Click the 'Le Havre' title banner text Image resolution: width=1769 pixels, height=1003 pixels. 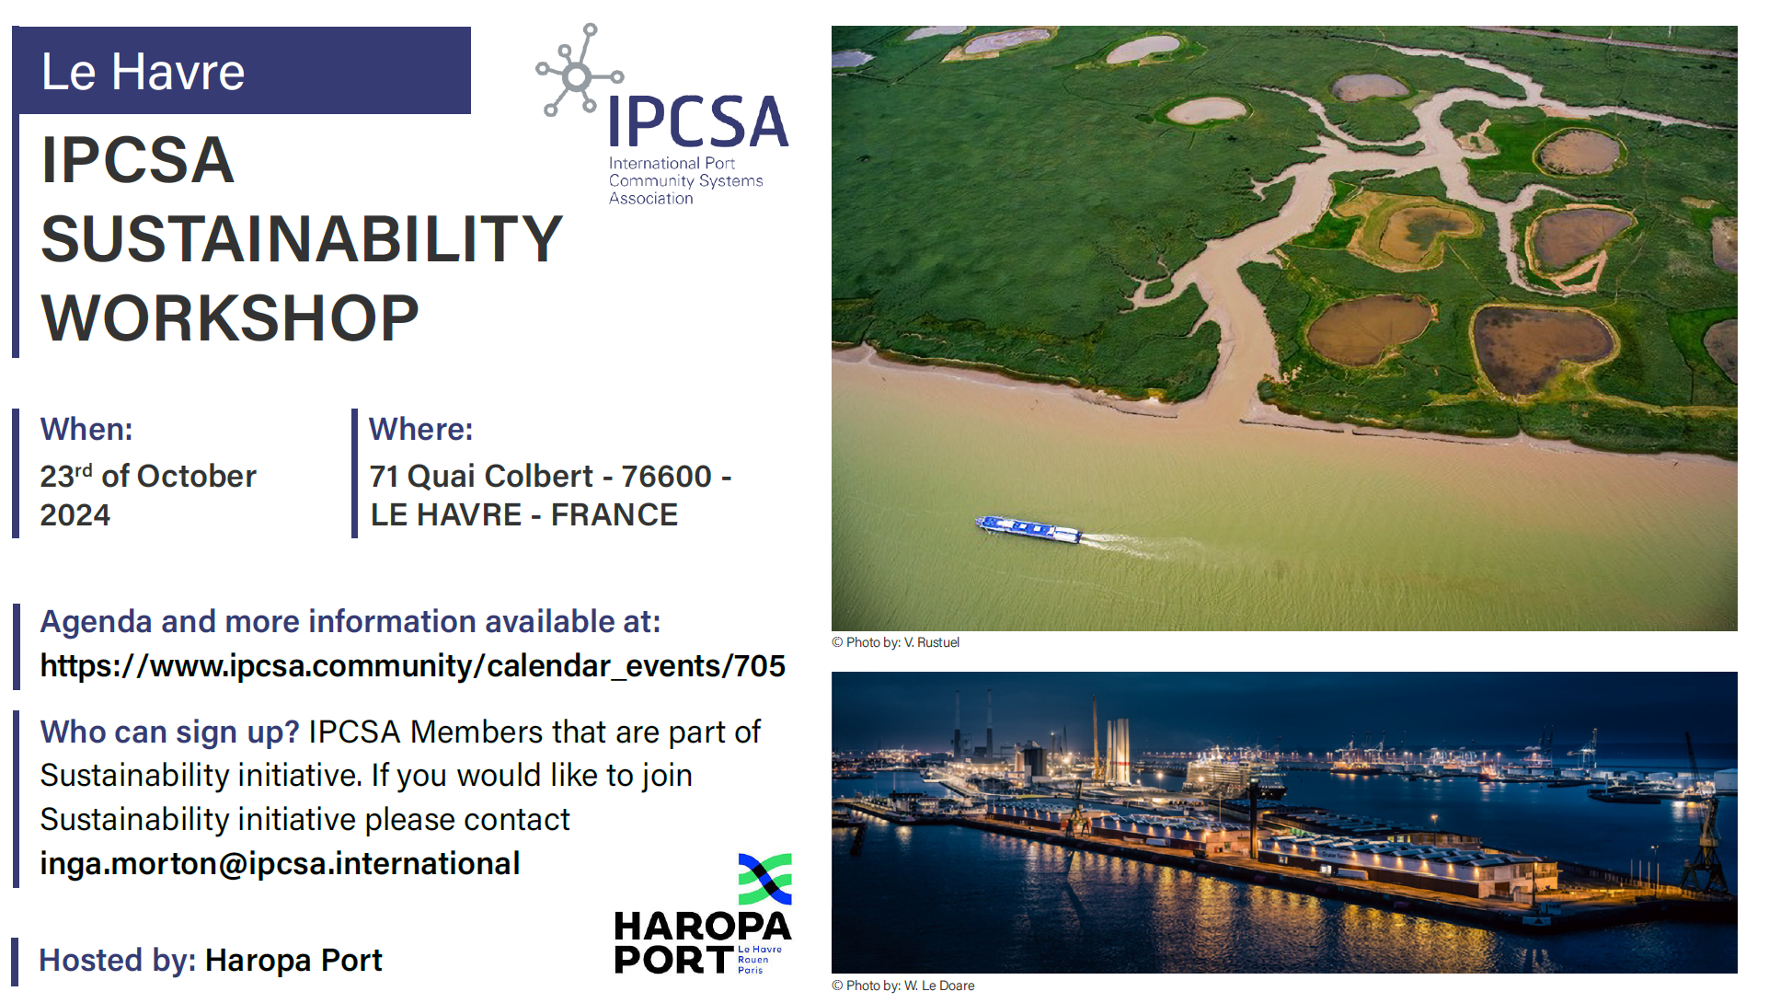pyautogui.click(x=144, y=72)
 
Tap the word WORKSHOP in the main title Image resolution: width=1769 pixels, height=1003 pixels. pyautogui.click(x=230, y=318)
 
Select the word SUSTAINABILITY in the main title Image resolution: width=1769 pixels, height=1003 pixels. pyautogui.click(x=302, y=239)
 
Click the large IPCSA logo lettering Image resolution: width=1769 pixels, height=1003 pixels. pyautogui.click(x=698, y=122)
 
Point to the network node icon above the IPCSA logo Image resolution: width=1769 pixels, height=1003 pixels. pyautogui.click(x=579, y=71)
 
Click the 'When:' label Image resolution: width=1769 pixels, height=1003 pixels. pyautogui.click(x=86, y=430)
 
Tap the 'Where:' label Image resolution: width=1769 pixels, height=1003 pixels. pyautogui.click(x=421, y=430)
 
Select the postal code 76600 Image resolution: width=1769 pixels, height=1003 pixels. pyautogui.click(x=667, y=477)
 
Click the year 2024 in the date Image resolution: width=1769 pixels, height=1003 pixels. pyautogui.click(x=75, y=515)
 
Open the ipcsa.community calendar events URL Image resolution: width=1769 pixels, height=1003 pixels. pyautogui.click(x=413, y=666)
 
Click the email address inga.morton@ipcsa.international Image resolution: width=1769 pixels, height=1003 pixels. pyautogui.click(x=280, y=864)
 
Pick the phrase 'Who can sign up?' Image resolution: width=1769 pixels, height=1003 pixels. pyautogui.click(x=170, y=732)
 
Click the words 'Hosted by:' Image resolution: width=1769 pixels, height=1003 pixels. pyautogui.click(x=118, y=961)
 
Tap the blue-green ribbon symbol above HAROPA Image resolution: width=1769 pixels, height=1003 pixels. pyautogui.click(x=765, y=879)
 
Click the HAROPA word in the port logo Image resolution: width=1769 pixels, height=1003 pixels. pyautogui.click(x=703, y=927)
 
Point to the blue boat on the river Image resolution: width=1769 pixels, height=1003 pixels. pyautogui.click(x=1028, y=529)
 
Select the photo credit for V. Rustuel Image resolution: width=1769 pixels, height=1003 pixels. pyautogui.click(x=895, y=642)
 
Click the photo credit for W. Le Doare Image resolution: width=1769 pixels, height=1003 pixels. pyautogui.click(x=902, y=986)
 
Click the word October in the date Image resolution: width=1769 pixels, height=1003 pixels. pyautogui.click(x=197, y=477)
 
